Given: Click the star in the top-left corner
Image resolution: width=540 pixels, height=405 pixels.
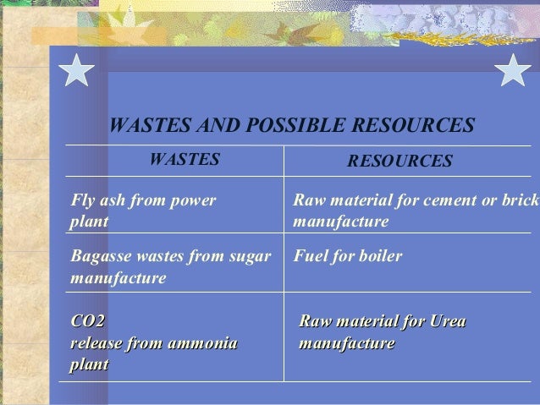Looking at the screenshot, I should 77,68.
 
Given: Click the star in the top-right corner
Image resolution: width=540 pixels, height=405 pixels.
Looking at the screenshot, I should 513,68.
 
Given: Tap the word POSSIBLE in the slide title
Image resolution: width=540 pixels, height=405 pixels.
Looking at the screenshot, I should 285,126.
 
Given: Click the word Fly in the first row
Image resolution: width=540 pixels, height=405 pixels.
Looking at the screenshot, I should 83,201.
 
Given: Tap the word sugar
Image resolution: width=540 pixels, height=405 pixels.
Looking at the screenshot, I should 251,255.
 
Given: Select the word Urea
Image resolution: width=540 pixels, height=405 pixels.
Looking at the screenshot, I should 448,322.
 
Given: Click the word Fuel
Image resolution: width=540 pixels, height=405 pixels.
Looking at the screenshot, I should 308,255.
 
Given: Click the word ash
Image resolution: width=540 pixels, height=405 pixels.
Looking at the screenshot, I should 114,201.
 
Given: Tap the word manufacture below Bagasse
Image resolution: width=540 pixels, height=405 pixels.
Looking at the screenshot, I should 119,276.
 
